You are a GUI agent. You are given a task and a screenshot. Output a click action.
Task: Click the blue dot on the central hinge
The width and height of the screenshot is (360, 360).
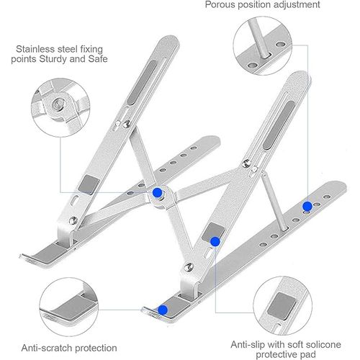pos(157,192)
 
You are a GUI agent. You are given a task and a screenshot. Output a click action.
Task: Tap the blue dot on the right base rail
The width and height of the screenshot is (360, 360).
pos(307,207)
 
